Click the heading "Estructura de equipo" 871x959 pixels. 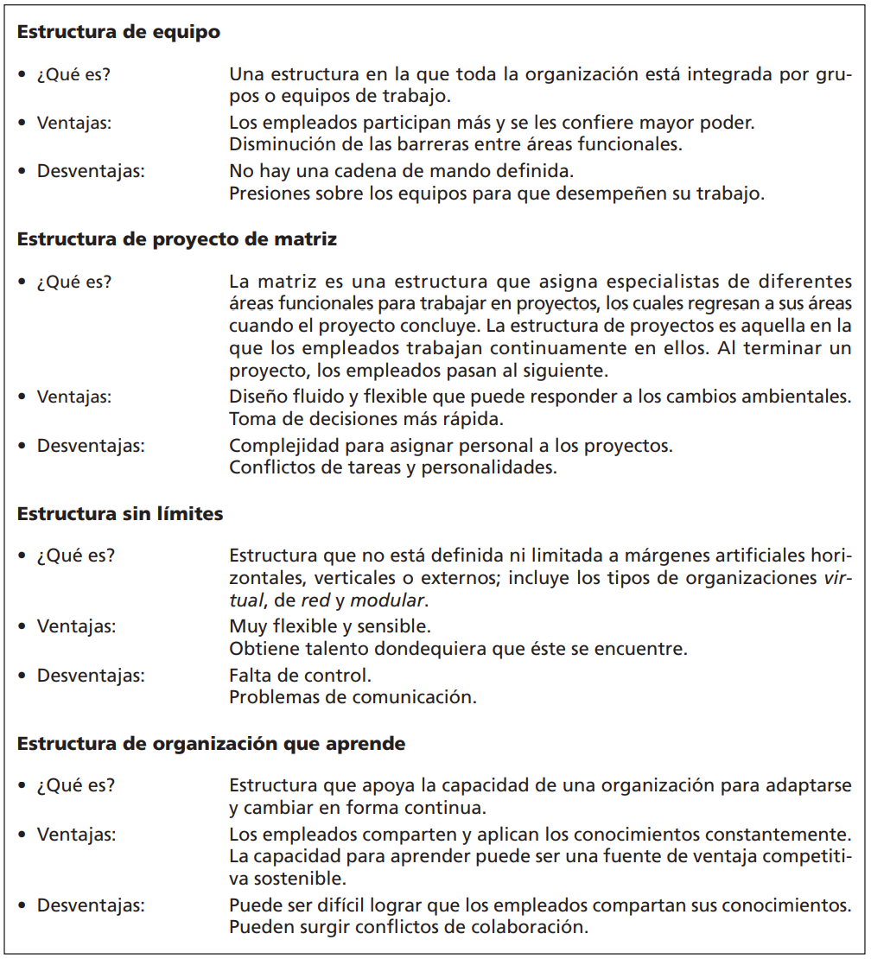point(118,33)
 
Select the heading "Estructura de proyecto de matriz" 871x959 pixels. point(177,239)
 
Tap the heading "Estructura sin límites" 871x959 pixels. point(120,514)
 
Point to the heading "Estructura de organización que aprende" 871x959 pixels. point(211,744)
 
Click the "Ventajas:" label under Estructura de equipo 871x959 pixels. point(74,123)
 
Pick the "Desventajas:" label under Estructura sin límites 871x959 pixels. point(91,676)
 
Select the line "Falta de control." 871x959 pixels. point(300,676)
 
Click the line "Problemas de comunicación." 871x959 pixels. point(353,696)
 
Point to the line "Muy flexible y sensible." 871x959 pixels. point(330,625)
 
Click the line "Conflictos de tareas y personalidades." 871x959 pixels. point(393,468)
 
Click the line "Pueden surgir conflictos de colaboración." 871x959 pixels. point(409,927)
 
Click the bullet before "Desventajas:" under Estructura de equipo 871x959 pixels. point(22,172)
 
